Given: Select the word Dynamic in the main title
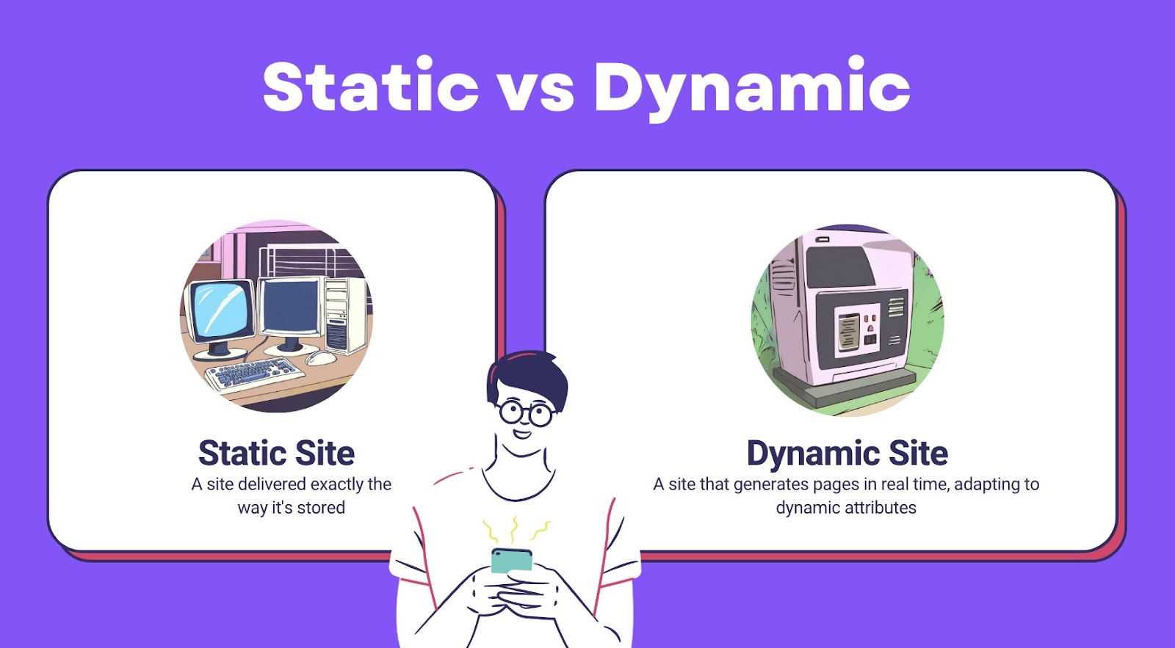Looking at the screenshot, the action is click(752, 89).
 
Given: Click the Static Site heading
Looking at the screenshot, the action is click(276, 453).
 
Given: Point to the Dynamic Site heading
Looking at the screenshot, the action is click(847, 453).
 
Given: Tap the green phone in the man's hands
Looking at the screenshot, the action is click(511, 560).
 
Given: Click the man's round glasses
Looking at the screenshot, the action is click(526, 412).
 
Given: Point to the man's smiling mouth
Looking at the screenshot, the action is click(521, 434).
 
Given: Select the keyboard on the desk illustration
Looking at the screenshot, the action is click(254, 374).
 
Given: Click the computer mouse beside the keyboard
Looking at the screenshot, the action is click(320, 357).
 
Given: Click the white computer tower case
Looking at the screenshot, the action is click(344, 315).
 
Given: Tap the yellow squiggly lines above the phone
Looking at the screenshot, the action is click(516, 530).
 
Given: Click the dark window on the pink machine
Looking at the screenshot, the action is click(839, 266).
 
